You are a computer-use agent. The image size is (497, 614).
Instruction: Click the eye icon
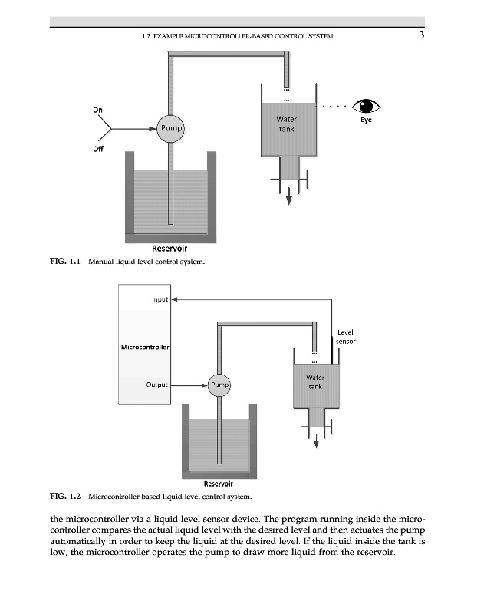(366, 106)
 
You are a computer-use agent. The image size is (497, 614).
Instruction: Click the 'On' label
(97, 109)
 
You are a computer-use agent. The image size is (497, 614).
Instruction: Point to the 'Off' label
(97, 149)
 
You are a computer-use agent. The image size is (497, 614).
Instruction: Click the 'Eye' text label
(366, 120)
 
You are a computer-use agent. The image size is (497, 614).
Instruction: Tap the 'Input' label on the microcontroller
(160, 299)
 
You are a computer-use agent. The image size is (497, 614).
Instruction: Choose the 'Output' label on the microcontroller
(156, 384)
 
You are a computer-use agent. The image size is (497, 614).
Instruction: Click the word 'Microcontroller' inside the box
(146, 347)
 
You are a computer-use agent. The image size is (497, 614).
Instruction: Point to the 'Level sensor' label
(346, 336)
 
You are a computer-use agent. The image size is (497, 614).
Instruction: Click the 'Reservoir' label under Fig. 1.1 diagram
(170, 248)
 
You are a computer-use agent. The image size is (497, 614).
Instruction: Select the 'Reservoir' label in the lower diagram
(219, 484)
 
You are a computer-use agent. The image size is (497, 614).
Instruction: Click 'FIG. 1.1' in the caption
(64, 262)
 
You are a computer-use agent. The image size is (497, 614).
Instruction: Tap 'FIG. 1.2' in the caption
(64, 497)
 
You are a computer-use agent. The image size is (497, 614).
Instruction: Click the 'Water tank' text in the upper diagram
(286, 124)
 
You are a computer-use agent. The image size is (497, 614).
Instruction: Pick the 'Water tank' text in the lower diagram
(315, 382)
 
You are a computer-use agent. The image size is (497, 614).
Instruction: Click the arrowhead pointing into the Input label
(174, 299)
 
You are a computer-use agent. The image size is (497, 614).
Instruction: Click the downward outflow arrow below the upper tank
(289, 198)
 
